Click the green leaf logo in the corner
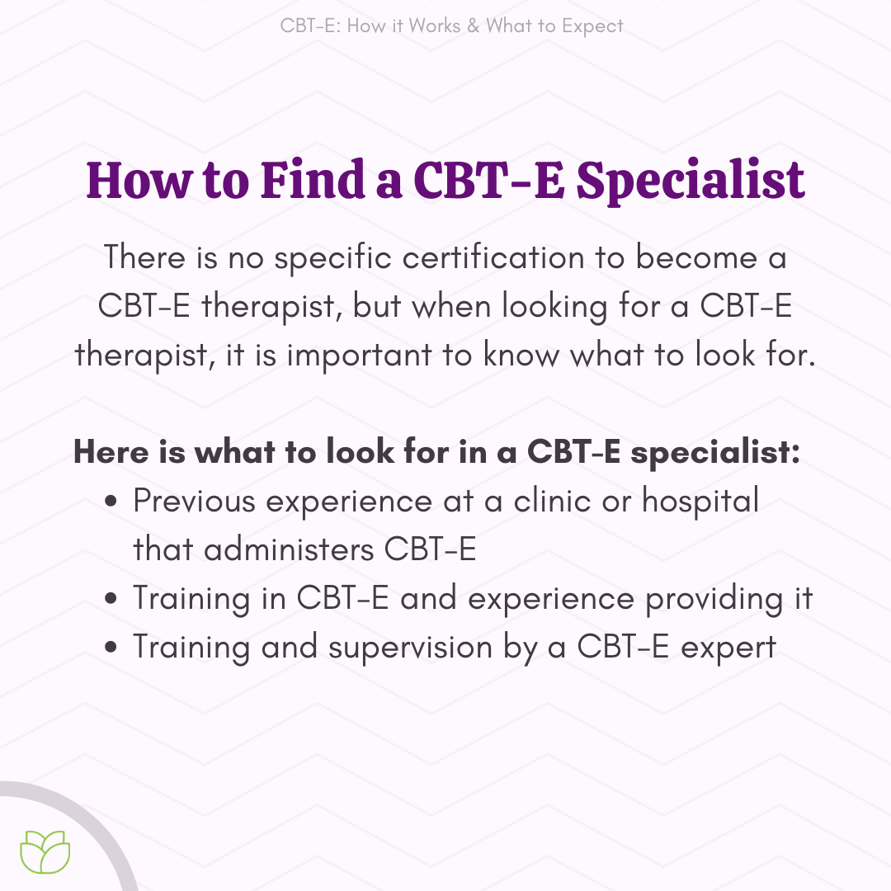coord(45,851)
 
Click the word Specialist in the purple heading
coord(691,181)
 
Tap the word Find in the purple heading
coord(313,180)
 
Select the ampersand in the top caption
coord(474,26)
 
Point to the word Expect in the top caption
coord(592,26)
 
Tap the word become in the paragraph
coord(696,257)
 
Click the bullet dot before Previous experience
coord(111,502)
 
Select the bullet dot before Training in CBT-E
coord(111,598)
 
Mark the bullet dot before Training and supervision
coord(111,648)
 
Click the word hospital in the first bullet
coord(700,502)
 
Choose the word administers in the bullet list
coord(289,549)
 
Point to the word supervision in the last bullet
coord(410,648)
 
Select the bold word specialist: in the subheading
coord(715,453)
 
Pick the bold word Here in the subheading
coord(111,452)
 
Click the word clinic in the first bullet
coord(552,501)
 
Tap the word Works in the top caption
coord(435,26)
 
